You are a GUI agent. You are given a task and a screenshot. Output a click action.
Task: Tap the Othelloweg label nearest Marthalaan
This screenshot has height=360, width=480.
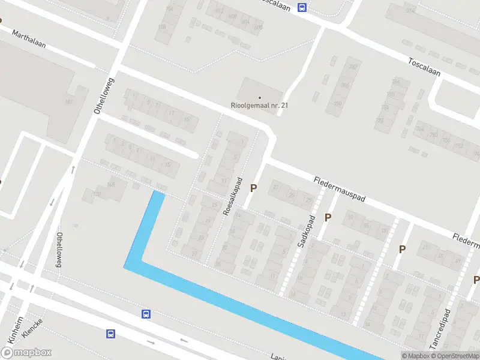100,96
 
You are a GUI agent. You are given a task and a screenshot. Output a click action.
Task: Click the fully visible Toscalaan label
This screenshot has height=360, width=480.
424,67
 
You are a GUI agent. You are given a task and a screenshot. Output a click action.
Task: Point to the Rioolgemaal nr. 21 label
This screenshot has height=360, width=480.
260,105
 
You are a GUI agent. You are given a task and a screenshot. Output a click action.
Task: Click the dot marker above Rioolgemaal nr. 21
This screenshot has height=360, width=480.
260,97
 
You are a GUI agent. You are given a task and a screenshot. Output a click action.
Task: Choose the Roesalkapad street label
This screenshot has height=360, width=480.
234,196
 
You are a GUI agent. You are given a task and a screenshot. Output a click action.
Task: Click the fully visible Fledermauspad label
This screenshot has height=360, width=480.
340,188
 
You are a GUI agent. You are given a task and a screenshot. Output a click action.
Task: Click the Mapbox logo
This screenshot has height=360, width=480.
26,353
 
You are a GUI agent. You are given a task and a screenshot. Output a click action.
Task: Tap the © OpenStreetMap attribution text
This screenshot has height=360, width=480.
454,356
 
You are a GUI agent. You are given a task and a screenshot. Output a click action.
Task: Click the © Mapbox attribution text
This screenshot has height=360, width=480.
415,356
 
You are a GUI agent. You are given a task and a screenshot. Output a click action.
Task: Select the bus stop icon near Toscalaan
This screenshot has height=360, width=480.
302,8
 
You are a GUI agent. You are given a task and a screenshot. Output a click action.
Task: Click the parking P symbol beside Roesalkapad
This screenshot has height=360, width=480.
253,188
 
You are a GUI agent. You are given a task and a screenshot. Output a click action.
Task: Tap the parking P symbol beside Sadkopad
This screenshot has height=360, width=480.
328,217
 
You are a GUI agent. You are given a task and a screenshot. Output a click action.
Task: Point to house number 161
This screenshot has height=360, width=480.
69,103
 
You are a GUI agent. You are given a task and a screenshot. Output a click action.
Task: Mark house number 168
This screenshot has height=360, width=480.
110,184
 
